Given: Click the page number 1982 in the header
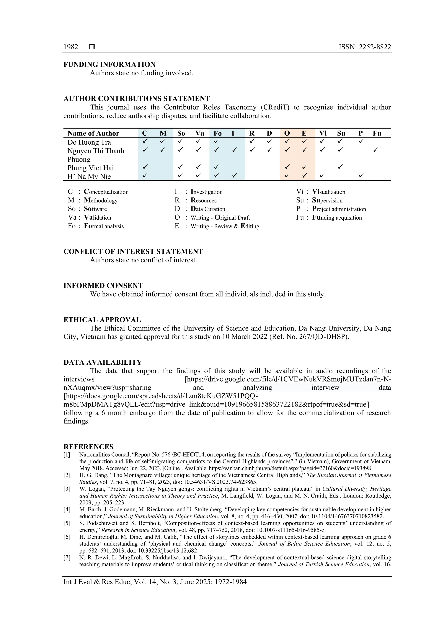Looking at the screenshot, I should click(71, 47).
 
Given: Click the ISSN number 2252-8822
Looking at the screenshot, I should click(375, 47).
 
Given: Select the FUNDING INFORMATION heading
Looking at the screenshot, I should click(109, 65).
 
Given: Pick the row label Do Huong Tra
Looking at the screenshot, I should click(89, 142).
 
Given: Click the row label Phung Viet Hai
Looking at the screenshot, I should click(91, 168).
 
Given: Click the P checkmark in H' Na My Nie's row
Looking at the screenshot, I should click(361, 175).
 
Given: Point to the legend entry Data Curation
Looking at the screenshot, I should click(208, 209).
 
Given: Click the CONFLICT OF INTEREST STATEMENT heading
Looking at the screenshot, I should click(133, 251).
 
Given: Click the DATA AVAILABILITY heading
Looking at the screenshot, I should click(103, 362).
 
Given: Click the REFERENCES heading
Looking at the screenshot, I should click(88, 447).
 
